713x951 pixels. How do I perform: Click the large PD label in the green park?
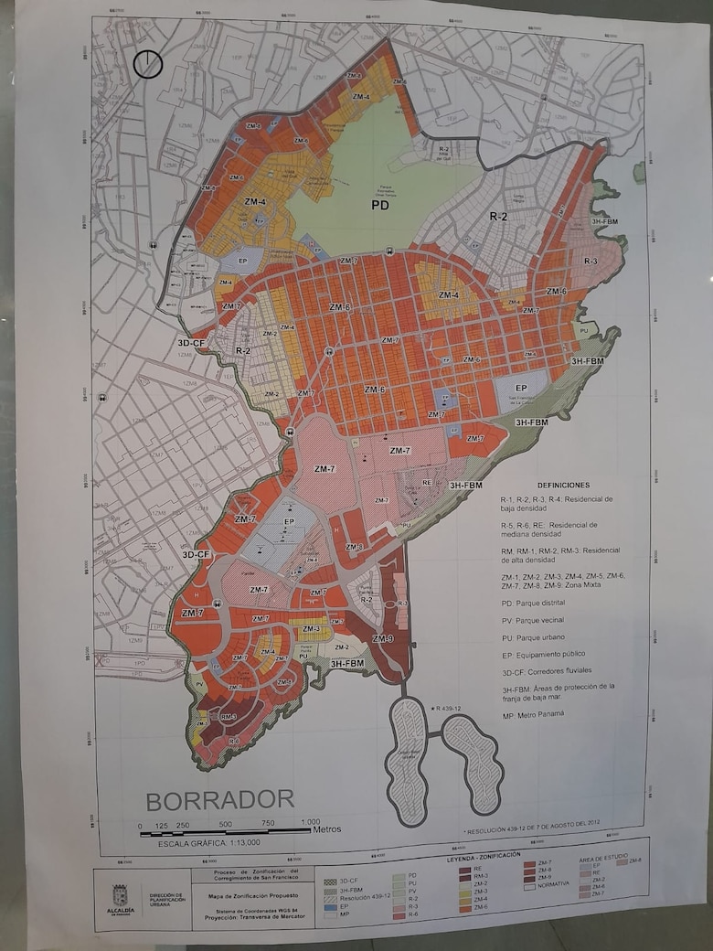381,206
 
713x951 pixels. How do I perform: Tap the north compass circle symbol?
147,64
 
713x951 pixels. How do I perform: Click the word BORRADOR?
219,800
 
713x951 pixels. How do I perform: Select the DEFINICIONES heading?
563,485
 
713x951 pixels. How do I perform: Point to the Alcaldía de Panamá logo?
120,896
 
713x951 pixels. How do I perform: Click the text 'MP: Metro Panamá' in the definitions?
531,713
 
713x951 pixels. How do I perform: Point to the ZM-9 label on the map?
382,638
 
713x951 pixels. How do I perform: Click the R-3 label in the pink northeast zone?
591,261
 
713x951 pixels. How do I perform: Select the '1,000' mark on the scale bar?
311,822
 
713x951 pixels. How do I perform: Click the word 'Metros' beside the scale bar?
326,829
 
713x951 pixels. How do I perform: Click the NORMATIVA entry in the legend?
554,883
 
